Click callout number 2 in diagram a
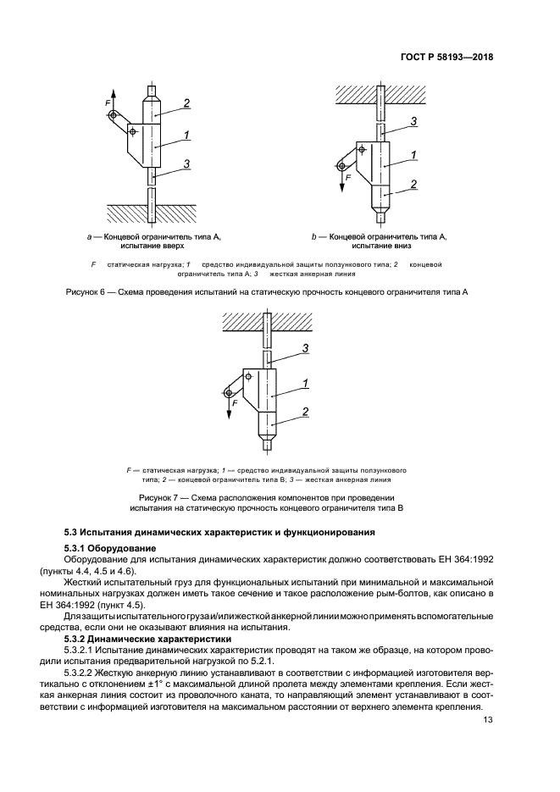(185, 103)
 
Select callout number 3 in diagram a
(185, 163)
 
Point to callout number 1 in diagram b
(413, 154)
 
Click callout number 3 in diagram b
(413, 122)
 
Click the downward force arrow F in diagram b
(345, 180)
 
